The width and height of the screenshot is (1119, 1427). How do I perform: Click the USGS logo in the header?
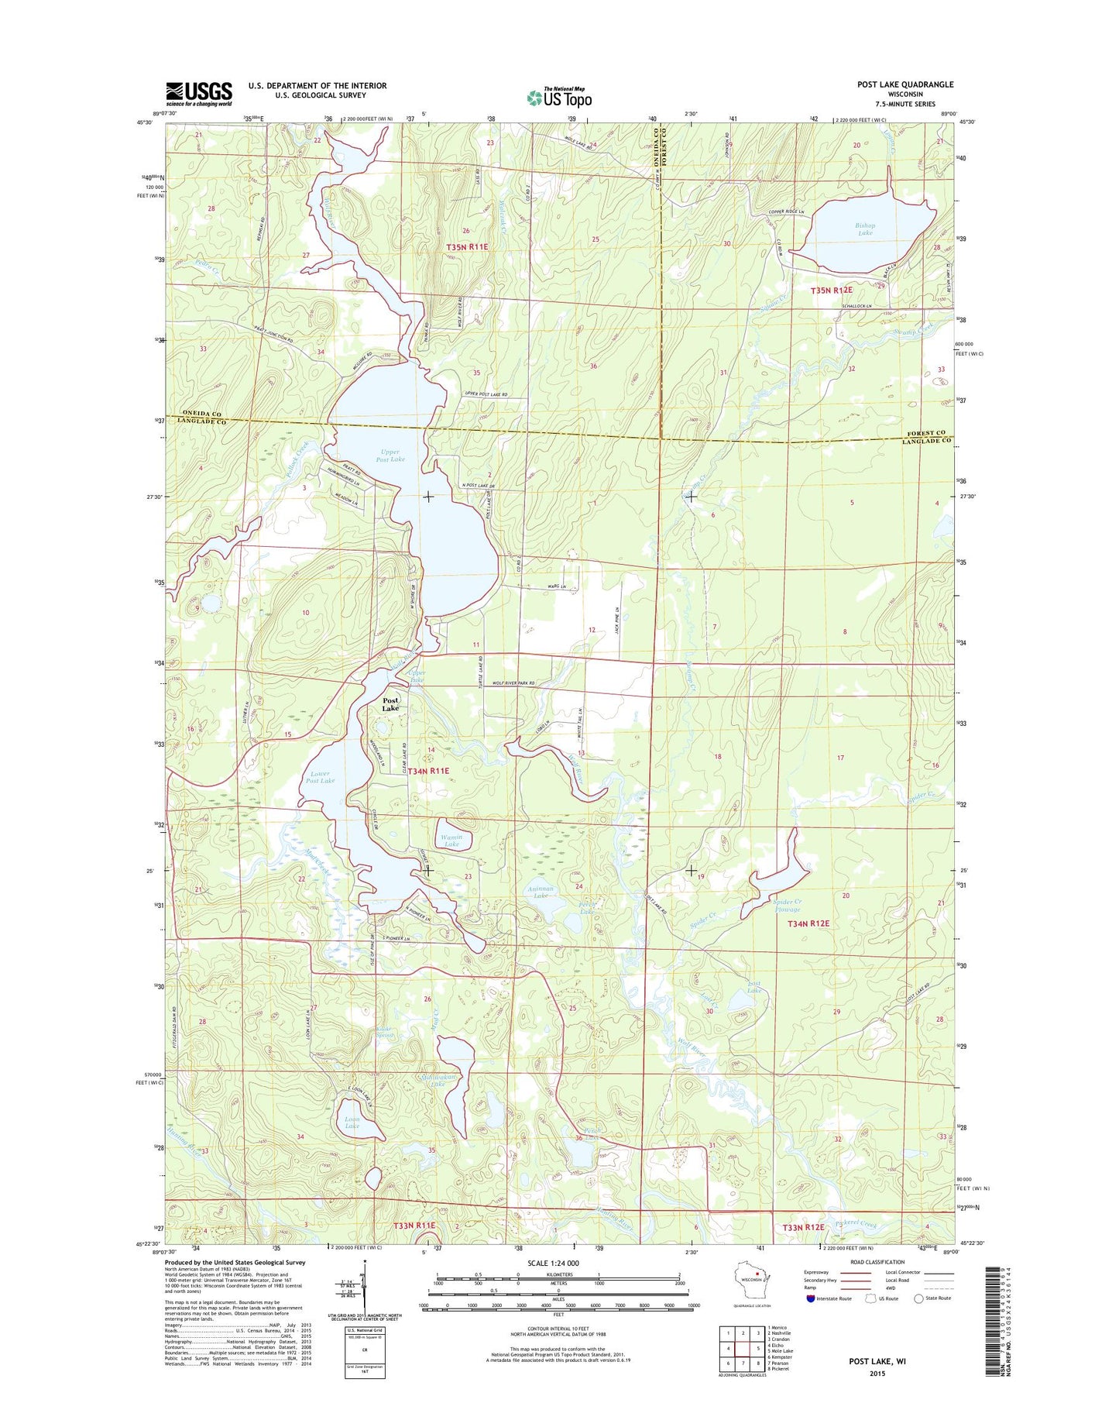point(198,94)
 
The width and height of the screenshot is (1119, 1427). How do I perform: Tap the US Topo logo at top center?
point(559,97)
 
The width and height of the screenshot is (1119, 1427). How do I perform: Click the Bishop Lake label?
point(865,229)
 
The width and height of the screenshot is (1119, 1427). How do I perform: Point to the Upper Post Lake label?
point(390,455)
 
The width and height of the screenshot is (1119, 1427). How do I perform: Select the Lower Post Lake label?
point(320,777)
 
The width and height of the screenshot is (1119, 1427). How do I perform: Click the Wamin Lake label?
point(451,841)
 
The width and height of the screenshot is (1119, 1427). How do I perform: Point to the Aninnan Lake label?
point(540,892)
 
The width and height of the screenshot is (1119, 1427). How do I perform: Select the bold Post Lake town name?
point(390,704)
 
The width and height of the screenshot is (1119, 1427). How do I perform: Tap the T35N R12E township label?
point(831,291)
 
